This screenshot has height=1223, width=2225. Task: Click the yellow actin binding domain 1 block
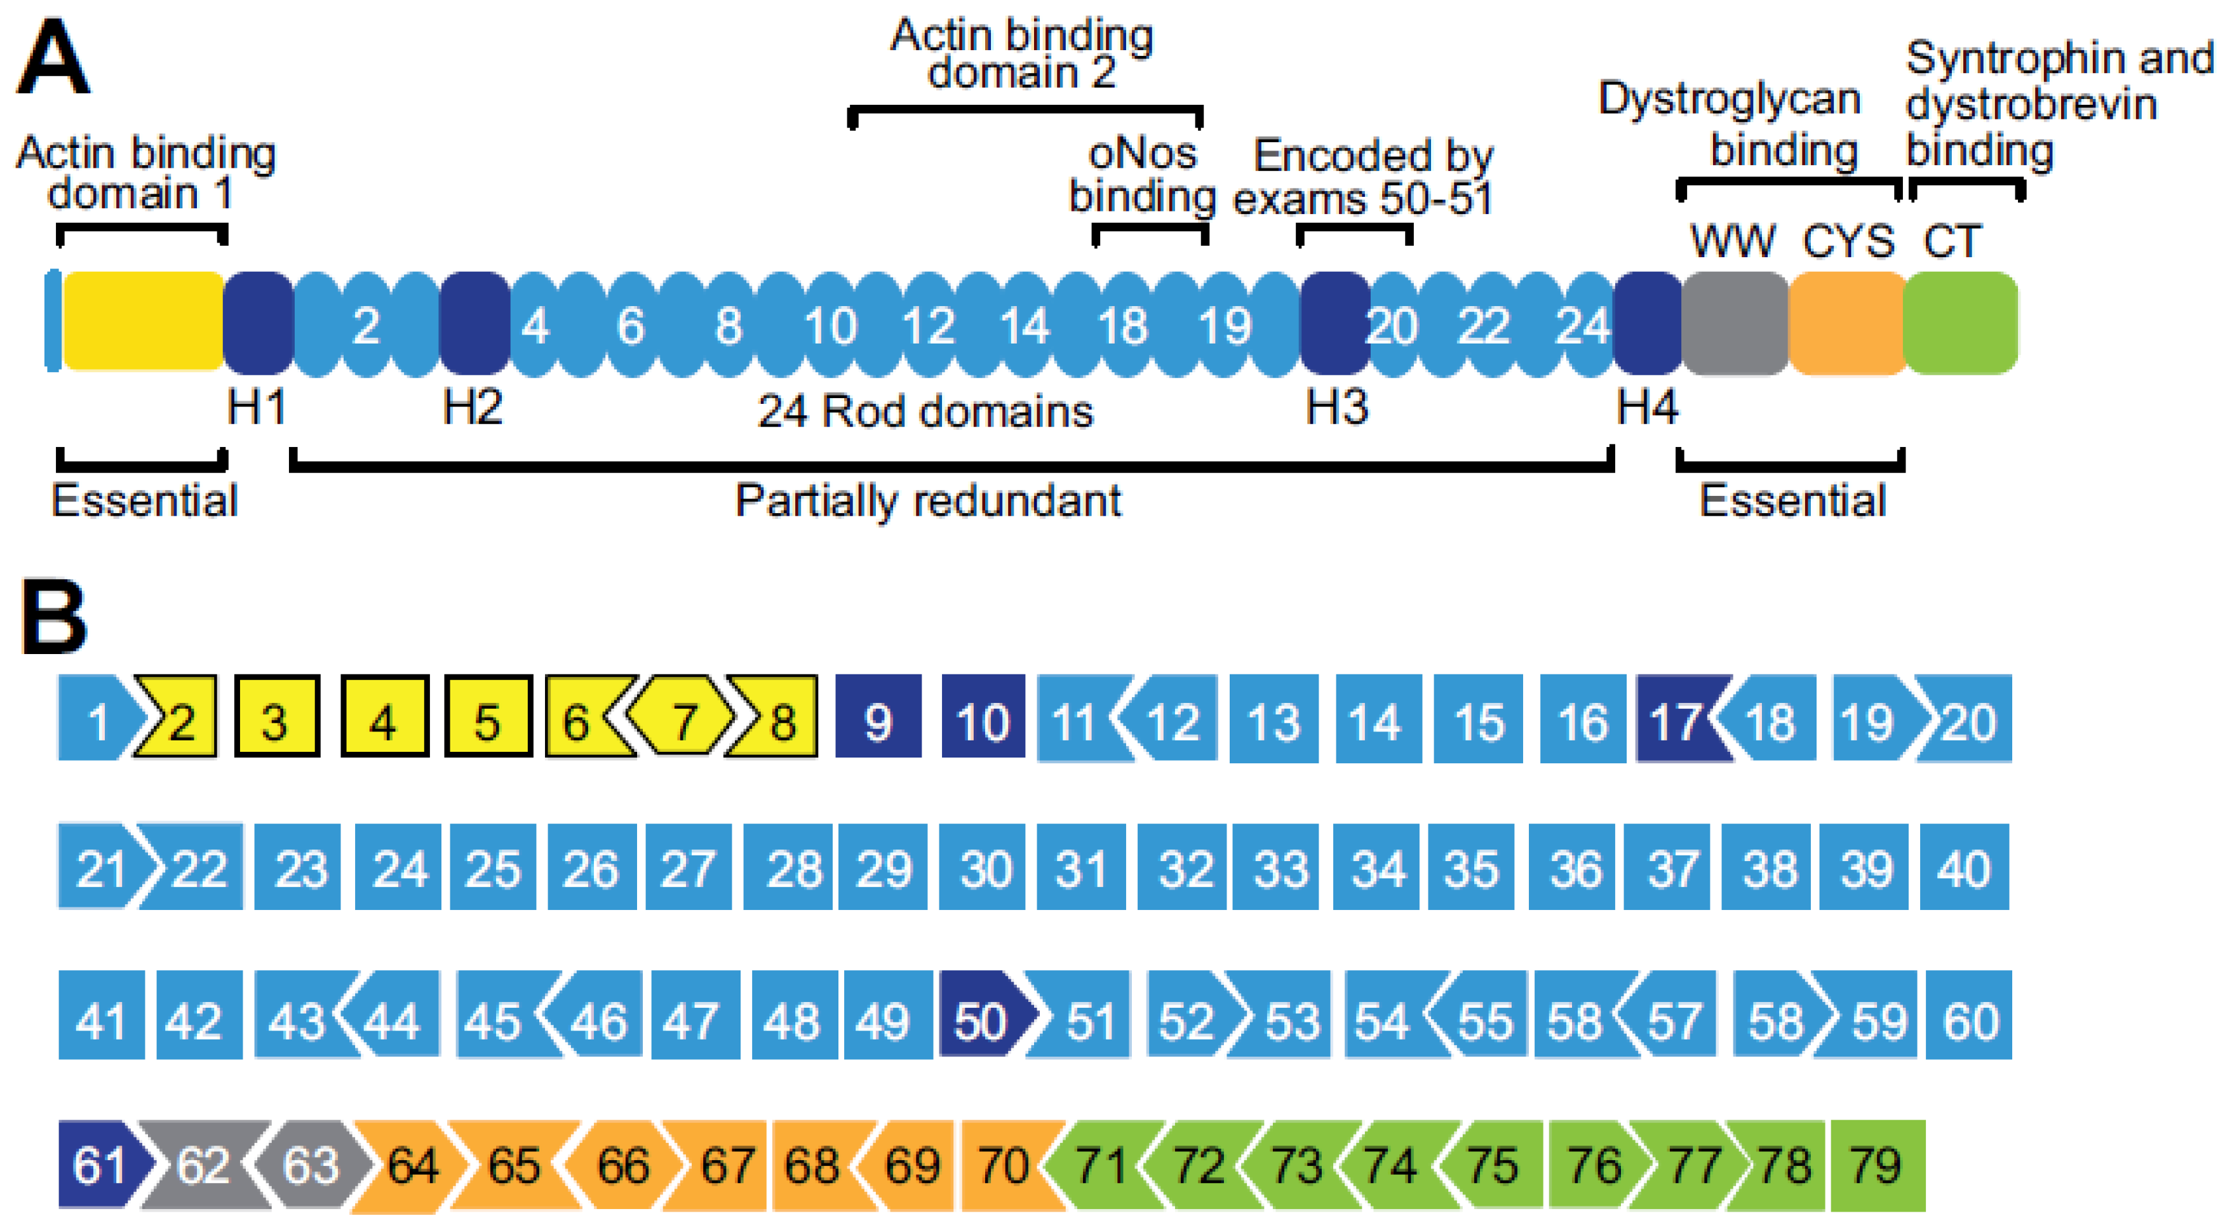(144, 321)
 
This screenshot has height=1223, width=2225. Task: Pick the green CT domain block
(1961, 324)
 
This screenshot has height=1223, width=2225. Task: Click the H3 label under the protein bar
(1336, 407)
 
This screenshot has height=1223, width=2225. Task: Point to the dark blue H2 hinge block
(474, 324)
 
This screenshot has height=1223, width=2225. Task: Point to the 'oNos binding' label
(1142, 175)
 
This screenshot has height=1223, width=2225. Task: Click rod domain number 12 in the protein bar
(927, 326)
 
